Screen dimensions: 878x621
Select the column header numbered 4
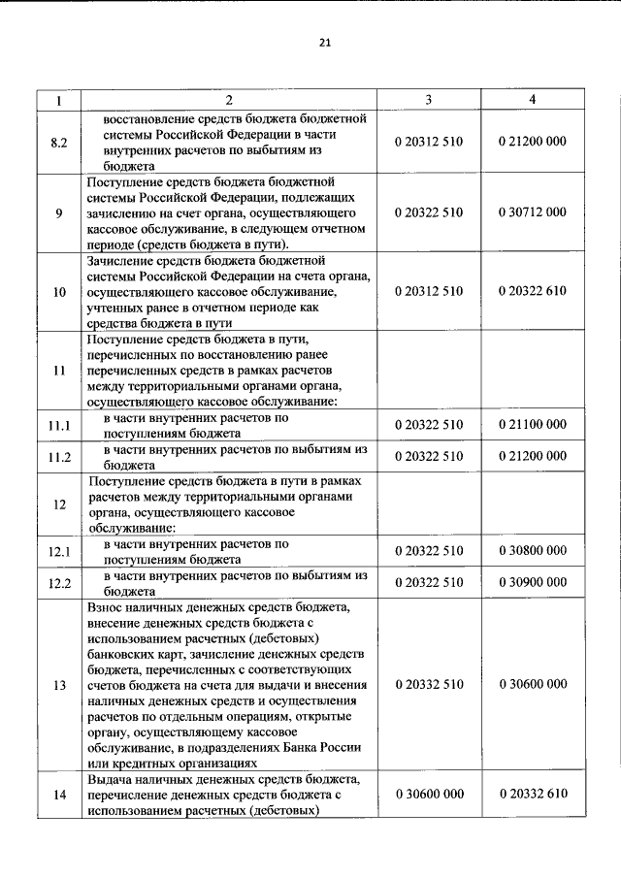532,100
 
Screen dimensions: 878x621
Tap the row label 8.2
59,142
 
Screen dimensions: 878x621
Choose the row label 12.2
59,582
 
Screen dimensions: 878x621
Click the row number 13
59,685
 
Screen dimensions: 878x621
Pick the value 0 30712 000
532,212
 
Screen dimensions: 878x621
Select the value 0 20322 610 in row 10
532,291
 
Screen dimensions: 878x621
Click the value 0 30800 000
532,551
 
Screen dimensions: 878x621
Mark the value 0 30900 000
532,582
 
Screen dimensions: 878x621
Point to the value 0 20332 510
429,685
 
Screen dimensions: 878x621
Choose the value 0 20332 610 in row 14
532,795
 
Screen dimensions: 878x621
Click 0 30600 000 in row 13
532,685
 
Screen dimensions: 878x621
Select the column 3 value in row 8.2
429,142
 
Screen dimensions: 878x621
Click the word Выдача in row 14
112,779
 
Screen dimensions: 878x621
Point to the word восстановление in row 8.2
150,118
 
